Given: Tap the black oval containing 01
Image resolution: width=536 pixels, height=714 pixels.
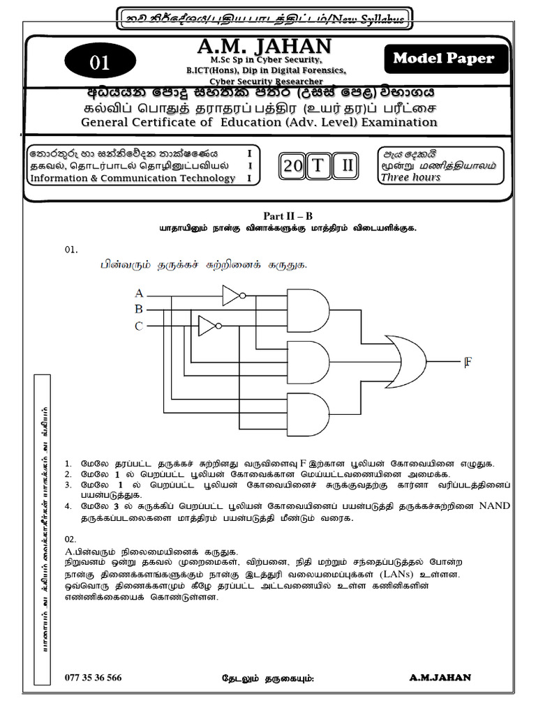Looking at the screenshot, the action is click(x=99, y=63).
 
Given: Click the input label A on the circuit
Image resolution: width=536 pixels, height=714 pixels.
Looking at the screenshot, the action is click(x=139, y=293).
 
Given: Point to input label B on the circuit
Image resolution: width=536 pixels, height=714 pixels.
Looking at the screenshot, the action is click(x=139, y=309).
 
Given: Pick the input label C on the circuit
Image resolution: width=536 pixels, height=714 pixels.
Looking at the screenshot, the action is click(x=139, y=326).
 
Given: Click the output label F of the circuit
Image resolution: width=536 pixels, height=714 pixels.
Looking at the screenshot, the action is click(x=468, y=361).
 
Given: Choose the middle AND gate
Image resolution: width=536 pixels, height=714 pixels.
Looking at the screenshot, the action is click(x=308, y=360).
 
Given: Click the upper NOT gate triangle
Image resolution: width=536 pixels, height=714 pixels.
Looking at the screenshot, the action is click(x=231, y=296).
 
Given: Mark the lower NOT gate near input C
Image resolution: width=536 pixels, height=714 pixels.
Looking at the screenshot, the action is click(x=207, y=326).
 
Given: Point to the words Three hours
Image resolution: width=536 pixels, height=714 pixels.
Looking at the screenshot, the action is click(x=410, y=177).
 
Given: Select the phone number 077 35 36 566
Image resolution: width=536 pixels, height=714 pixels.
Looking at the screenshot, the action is click(x=93, y=677).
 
